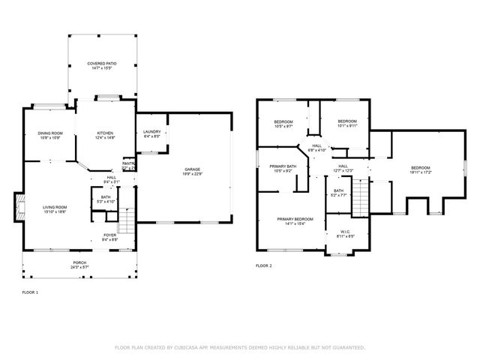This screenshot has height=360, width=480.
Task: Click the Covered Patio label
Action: pyautogui.click(x=101, y=64)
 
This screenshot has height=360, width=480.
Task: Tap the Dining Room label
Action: pyautogui.click(x=50, y=133)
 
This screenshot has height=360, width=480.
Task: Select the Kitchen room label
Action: pyautogui.click(x=104, y=133)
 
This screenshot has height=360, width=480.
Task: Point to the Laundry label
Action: pyautogui.click(x=152, y=132)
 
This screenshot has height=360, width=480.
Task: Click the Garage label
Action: pyautogui.click(x=193, y=169)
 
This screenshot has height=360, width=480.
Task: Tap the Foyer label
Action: pyautogui.click(x=110, y=235)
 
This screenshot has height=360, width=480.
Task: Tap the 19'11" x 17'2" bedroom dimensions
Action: pyautogui.click(x=420, y=172)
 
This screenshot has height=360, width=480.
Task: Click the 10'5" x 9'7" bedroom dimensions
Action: pyautogui.click(x=283, y=126)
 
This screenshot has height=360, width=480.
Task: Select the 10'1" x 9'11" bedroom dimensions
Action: pyautogui.click(x=346, y=126)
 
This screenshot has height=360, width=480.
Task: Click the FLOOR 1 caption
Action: pyautogui.click(x=30, y=292)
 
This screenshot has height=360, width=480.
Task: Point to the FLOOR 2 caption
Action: pyautogui.click(x=264, y=265)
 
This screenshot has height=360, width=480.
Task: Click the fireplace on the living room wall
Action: pyautogui.click(x=18, y=208)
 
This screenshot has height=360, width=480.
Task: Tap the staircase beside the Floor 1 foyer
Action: pyautogui.click(x=128, y=220)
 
